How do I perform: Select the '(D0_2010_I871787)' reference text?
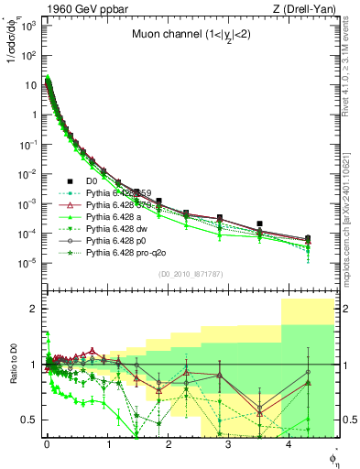pos(190,275)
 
